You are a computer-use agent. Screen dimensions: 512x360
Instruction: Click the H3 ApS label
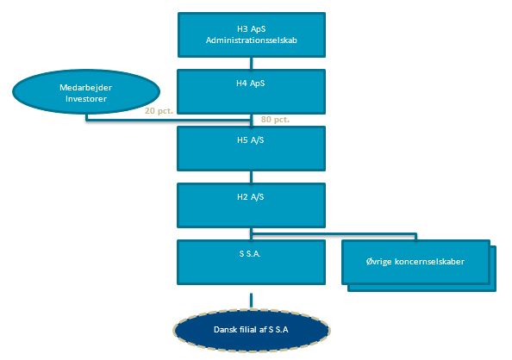click(x=251, y=29)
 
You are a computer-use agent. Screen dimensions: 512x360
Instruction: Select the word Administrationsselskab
click(x=252, y=40)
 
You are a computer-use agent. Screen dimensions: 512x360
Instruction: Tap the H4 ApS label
click(x=251, y=84)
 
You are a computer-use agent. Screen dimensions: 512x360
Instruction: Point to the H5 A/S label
click(x=251, y=140)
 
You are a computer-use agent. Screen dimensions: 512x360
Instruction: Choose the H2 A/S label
click(x=251, y=197)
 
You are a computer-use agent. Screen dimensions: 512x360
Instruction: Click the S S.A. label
click(x=250, y=254)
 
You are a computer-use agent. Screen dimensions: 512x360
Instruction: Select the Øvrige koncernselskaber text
click(x=415, y=262)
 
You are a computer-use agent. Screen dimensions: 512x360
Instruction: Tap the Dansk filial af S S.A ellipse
click(x=251, y=330)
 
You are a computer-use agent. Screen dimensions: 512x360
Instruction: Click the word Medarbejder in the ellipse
click(x=86, y=88)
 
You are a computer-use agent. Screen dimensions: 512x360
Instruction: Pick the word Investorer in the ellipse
click(x=86, y=98)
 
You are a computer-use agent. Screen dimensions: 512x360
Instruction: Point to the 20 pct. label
click(x=159, y=111)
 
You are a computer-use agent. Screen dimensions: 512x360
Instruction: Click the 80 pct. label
click(x=275, y=120)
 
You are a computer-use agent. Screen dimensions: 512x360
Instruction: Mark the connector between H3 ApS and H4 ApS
click(x=251, y=64)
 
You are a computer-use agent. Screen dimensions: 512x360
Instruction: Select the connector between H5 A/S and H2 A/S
click(x=251, y=177)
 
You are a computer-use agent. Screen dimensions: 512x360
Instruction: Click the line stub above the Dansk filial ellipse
click(x=251, y=301)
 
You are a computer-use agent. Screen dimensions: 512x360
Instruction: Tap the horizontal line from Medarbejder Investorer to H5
click(x=168, y=120)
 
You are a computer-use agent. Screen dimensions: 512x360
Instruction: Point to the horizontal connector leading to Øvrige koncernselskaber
click(x=334, y=233)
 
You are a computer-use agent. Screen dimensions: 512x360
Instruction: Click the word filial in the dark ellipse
click(x=250, y=330)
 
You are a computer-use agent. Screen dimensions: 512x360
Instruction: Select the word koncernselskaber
click(x=429, y=262)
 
